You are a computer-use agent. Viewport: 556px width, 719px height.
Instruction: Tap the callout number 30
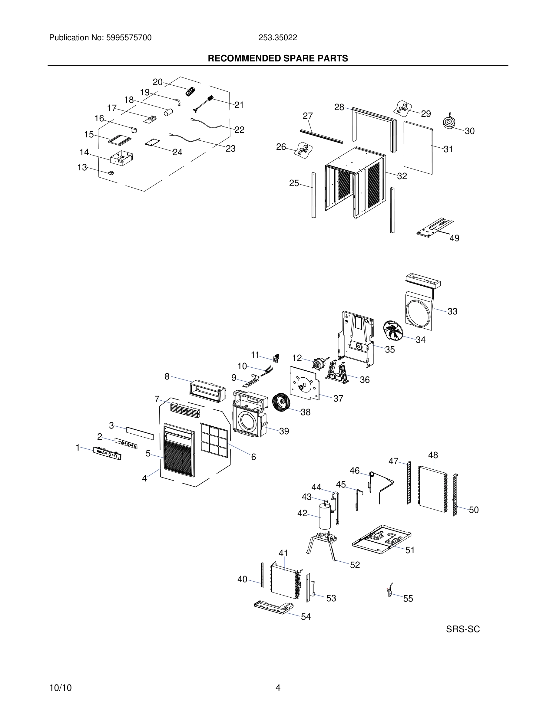(x=469, y=131)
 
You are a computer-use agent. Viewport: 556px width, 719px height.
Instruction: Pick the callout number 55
(x=408, y=599)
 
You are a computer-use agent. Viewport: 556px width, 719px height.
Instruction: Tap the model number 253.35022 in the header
(x=277, y=38)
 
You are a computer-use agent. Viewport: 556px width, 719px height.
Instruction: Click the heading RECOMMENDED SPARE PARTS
(x=278, y=59)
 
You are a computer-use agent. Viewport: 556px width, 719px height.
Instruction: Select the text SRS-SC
(x=463, y=629)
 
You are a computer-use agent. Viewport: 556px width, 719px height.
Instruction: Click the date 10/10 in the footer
(x=60, y=688)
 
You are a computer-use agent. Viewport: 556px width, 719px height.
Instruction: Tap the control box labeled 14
(x=121, y=158)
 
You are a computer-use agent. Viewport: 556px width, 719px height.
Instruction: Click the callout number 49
(x=454, y=238)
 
